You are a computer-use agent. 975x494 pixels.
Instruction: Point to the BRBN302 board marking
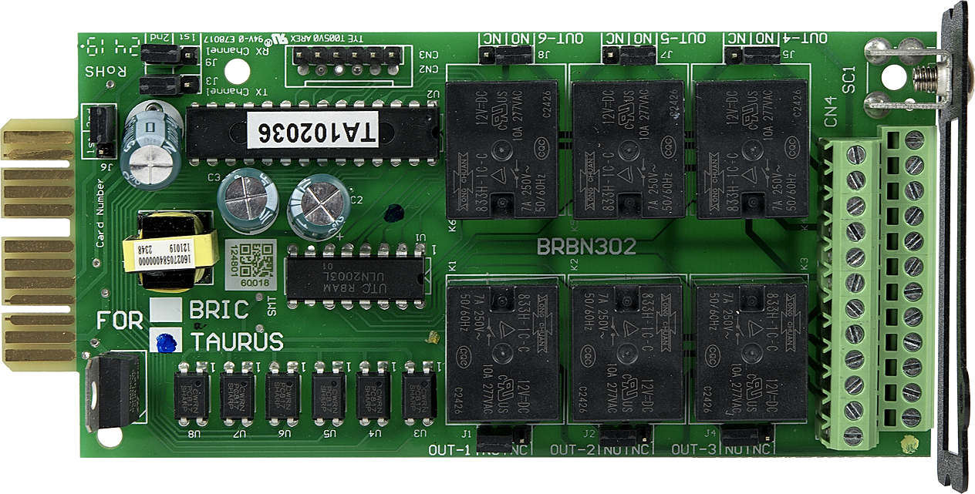[586, 247]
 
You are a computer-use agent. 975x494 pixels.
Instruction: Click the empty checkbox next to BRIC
[167, 310]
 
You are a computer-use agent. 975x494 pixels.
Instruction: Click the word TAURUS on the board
[237, 341]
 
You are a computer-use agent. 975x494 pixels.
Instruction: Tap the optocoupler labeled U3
[420, 397]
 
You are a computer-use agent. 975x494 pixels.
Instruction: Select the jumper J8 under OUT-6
[505, 55]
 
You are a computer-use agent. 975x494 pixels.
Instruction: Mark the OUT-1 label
[449, 450]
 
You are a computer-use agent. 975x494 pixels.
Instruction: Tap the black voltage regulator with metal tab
[113, 392]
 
